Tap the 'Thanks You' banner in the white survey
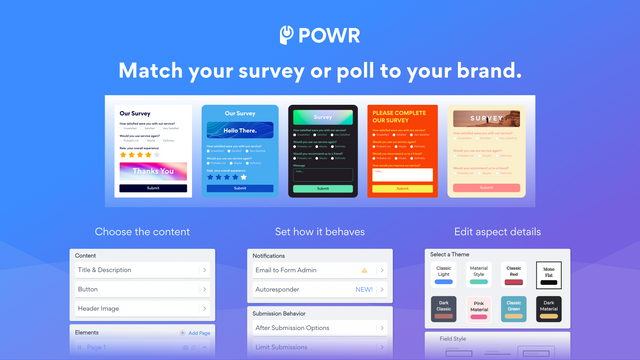click(x=153, y=171)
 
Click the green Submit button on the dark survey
click(x=322, y=188)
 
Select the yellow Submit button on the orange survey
click(x=401, y=188)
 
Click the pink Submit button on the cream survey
click(x=486, y=187)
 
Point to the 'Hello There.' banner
click(x=239, y=130)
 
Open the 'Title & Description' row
click(x=140, y=270)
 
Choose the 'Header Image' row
click(x=140, y=309)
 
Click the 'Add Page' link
click(x=197, y=332)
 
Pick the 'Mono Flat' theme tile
click(x=548, y=275)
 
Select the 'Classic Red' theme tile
click(x=513, y=275)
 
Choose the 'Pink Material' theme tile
click(x=478, y=308)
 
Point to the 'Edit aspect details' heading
click(x=497, y=232)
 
